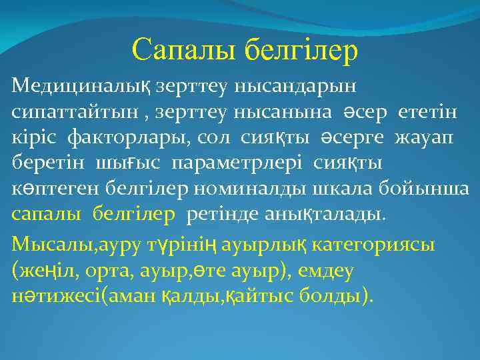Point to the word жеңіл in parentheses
click(x=41, y=271)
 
